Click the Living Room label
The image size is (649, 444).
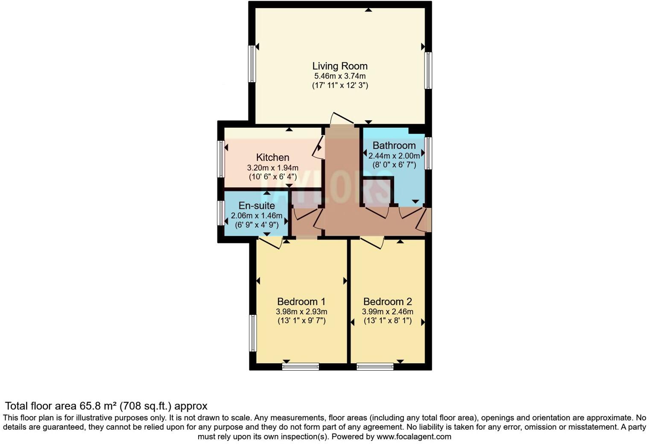click(x=339, y=66)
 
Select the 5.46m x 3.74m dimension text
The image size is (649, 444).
click(x=339, y=76)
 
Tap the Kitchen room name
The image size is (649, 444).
click(x=272, y=158)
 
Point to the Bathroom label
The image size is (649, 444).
click(x=394, y=146)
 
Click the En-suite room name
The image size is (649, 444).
click(x=257, y=206)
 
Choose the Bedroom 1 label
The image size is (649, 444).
click(x=301, y=302)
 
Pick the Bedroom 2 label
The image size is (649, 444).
click(x=387, y=302)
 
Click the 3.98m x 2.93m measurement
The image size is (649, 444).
click(x=301, y=312)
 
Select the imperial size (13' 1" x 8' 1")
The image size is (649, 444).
click(x=387, y=321)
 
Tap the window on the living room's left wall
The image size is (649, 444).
click(x=252, y=64)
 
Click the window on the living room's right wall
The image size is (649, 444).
click(x=428, y=70)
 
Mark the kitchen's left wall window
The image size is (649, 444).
click(x=221, y=159)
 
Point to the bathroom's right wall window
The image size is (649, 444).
click(x=428, y=153)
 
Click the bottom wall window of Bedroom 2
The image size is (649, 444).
click(x=375, y=366)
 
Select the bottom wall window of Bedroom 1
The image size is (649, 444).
click(x=301, y=366)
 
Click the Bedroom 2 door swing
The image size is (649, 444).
click(x=372, y=243)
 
